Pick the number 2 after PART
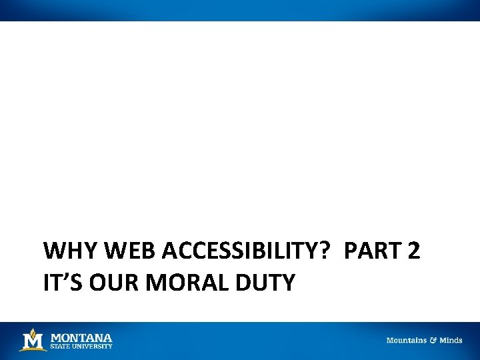click(x=414, y=251)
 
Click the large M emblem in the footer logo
click(x=33, y=341)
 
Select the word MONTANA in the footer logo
click(x=81, y=337)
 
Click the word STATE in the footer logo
click(x=60, y=347)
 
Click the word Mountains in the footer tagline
click(x=406, y=341)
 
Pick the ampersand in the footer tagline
click(x=433, y=341)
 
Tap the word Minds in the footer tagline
click(x=451, y=341)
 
